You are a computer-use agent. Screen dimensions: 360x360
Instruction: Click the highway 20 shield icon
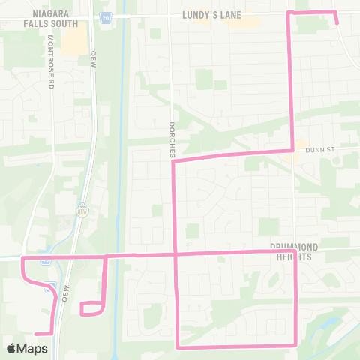(106, 16)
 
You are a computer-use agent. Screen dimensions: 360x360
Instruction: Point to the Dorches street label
(172, 135)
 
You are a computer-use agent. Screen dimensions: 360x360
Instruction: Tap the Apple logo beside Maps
(12, 348)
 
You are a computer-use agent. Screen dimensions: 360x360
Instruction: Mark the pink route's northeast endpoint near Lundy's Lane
(337, 23)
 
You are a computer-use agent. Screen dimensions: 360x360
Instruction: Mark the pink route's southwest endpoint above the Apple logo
(36, 333)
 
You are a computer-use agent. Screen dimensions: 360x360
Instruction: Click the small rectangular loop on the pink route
(91, 307)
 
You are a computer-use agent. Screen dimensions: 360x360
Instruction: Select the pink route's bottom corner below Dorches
(177, 346)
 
